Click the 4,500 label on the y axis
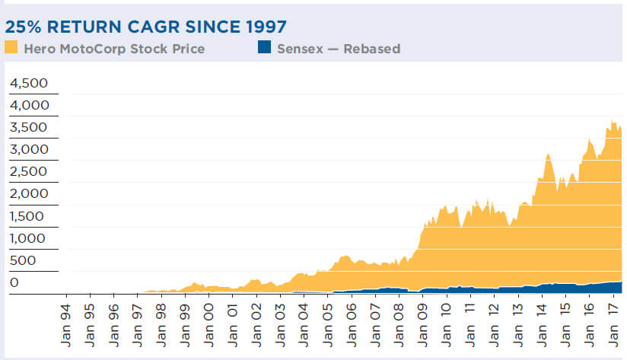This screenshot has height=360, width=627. (x=28, y=83)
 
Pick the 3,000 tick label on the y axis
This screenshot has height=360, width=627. (x=28, y=149)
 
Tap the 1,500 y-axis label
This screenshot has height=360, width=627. (x=28, y=216)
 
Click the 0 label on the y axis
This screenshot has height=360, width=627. (x=13, y=282)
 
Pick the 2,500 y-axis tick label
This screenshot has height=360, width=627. (x=28, y=171)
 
